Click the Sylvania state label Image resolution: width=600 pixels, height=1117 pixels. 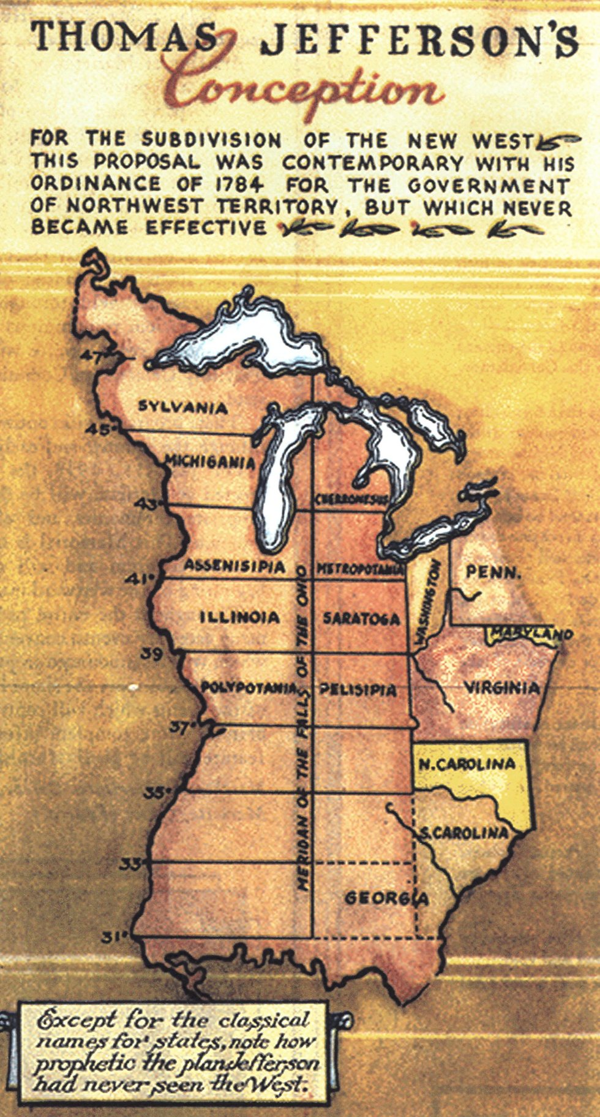[182, 407]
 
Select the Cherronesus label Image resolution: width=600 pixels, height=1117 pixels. [351, 499]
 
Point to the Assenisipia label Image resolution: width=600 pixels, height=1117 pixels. [234, 566]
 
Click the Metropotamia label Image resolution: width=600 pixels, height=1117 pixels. [359, 570]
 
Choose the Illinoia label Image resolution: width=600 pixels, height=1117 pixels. [239, 617]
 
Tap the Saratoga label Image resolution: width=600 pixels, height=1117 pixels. [361, 618]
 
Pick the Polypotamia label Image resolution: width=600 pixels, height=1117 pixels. [249, 687]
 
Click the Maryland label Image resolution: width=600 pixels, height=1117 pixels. [530, 635]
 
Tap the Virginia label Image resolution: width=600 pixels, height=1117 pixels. [501, 687]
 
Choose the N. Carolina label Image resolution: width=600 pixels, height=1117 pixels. [467, 764]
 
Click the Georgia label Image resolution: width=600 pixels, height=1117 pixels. [386, 898]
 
